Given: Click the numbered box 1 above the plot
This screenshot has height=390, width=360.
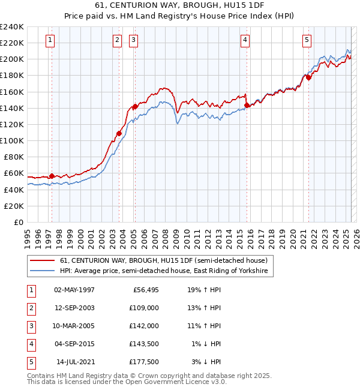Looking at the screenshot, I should [x=49, y=40].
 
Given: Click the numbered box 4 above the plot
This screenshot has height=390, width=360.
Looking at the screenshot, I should [x=245, y=40].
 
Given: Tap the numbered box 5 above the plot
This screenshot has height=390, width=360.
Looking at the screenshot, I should [x=307, y=40].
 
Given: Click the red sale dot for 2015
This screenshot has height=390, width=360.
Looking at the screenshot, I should [x=247, y=105].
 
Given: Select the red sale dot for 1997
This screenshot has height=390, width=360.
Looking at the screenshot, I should [x=52, y=176].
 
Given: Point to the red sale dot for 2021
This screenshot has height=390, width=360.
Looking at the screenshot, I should [x=308, y=77].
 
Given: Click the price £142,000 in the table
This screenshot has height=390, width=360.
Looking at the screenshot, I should [x=144, y=325].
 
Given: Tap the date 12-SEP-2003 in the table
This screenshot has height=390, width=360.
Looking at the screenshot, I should [x=74, y=307].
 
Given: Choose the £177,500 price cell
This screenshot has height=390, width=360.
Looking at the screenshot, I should [x=144, y=362].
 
